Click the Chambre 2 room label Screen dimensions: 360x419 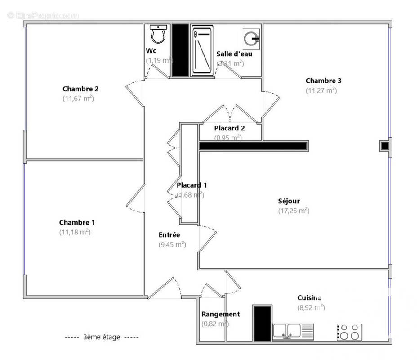click(80, 89)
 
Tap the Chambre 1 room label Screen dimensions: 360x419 click(77, 222)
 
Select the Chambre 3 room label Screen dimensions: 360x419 click(323, 81)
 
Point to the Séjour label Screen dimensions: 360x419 click(289, 201)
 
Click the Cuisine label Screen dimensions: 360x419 click(309, 297)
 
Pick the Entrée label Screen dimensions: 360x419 click(169, 234)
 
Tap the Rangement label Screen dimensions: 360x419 click(220, 314)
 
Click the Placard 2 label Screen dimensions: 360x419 click(229, 128)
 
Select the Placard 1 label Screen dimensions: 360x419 click(192, 185)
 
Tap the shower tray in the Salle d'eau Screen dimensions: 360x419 click(202, 50)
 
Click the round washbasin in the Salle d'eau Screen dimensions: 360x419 click(251, 39)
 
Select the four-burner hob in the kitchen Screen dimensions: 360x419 click(349, 332)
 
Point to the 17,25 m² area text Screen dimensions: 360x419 click(294, 211)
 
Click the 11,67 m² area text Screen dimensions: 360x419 click(78, 99)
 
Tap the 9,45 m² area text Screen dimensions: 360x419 click(172, 244)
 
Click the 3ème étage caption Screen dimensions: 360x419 click(102, 337)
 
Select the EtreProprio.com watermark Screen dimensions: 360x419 click(43, 15)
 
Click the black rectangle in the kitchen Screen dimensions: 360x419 click(262, 323)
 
